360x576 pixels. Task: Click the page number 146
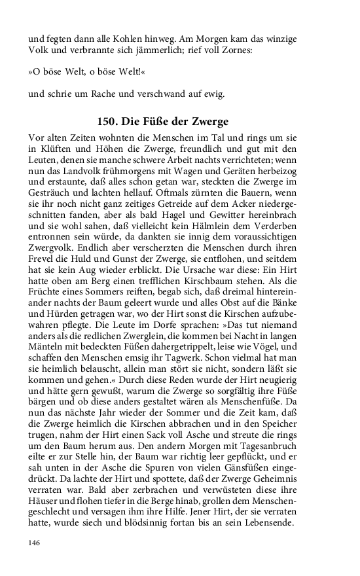click(x=34, y=543)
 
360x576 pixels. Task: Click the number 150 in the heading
click(x=107, y=122)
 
